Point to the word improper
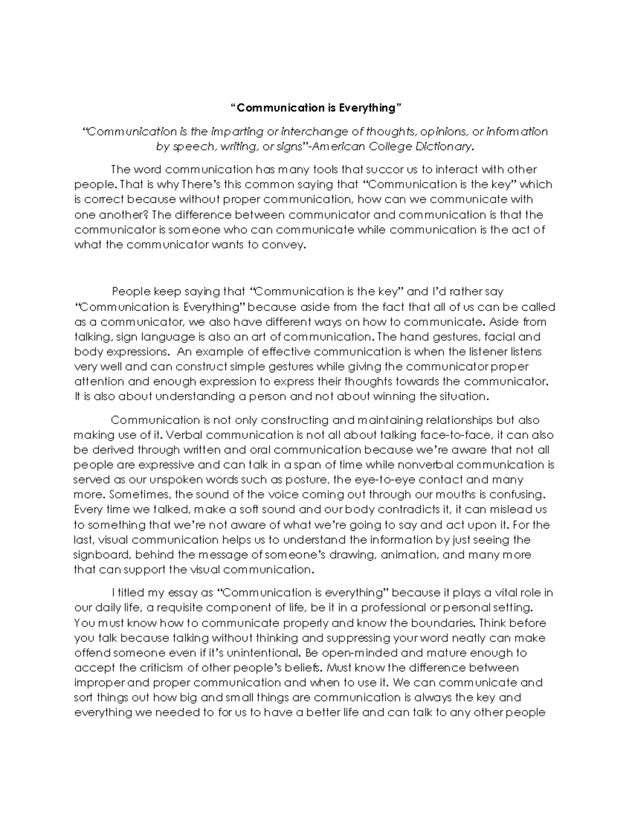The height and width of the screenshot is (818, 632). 98,683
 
